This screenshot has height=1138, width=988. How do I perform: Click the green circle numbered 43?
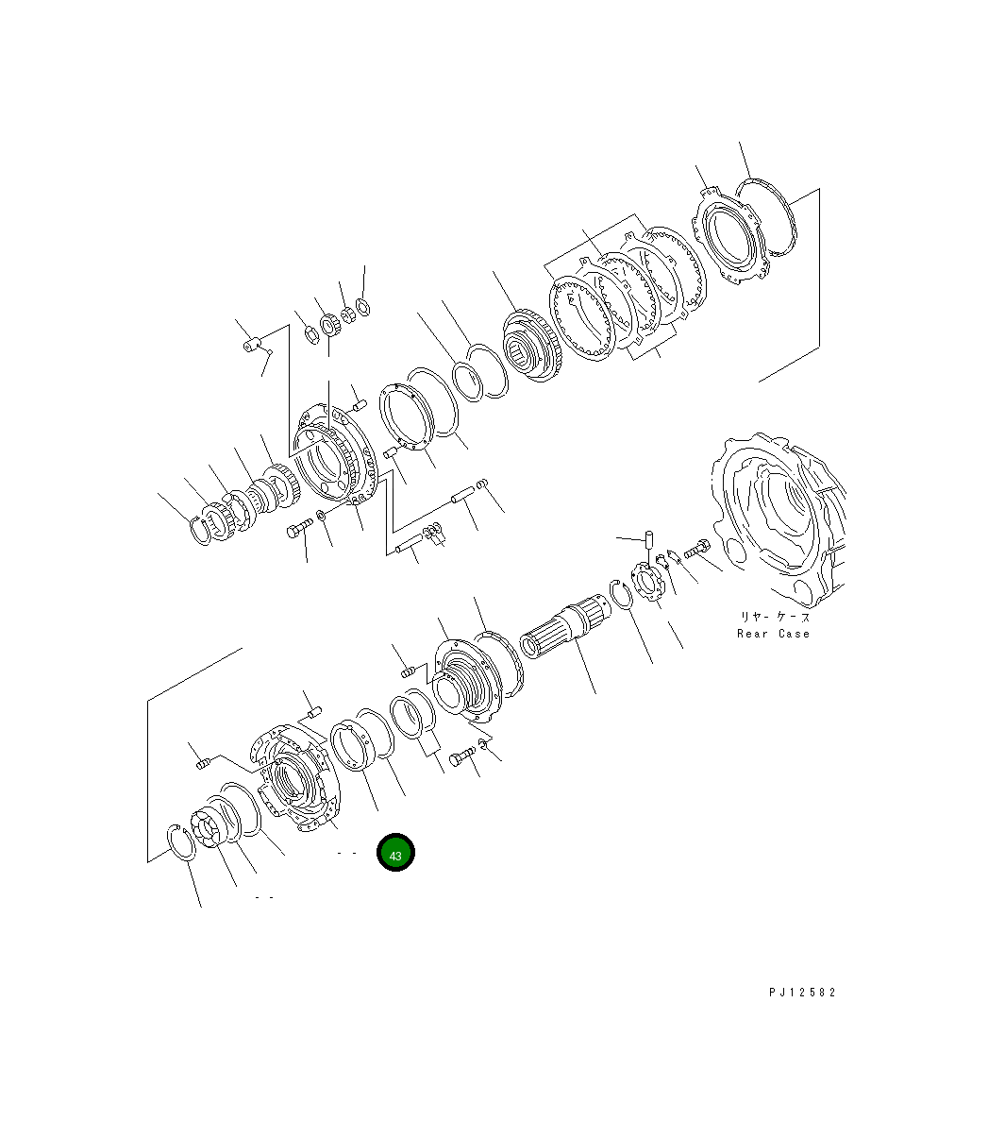point(395,852)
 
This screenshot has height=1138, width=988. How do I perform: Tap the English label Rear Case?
point(773,634)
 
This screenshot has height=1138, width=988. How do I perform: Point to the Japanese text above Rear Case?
point(775,617)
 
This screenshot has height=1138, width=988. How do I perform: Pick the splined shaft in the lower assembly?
point(565,627)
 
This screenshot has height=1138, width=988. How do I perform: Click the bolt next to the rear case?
point(696,550)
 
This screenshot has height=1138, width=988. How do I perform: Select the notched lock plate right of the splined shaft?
point(647,582)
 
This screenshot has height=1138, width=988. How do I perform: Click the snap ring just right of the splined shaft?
point(621,594)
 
